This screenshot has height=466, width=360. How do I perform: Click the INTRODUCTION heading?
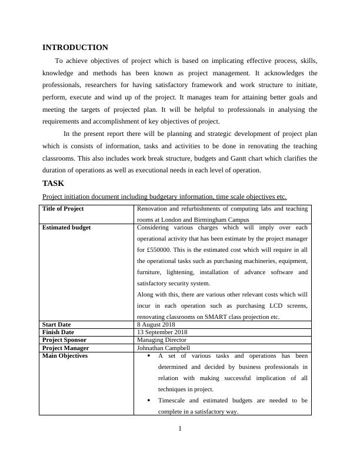[75, 48]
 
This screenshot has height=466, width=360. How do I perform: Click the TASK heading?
[53, 183]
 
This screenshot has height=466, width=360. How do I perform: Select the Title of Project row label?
[63, 209]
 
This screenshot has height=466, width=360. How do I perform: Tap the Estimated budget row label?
[66, 228]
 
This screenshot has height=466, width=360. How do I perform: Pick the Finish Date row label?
[58, 332]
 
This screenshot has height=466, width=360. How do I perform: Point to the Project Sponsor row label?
[64, 340]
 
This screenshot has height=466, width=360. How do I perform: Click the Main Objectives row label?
[65, 356]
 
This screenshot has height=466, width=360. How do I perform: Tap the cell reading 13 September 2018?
[161, 332]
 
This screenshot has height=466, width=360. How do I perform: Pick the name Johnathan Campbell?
[163, 348]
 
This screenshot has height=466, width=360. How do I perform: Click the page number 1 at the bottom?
[180, 428]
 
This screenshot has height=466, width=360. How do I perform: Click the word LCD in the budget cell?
[278, 306]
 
